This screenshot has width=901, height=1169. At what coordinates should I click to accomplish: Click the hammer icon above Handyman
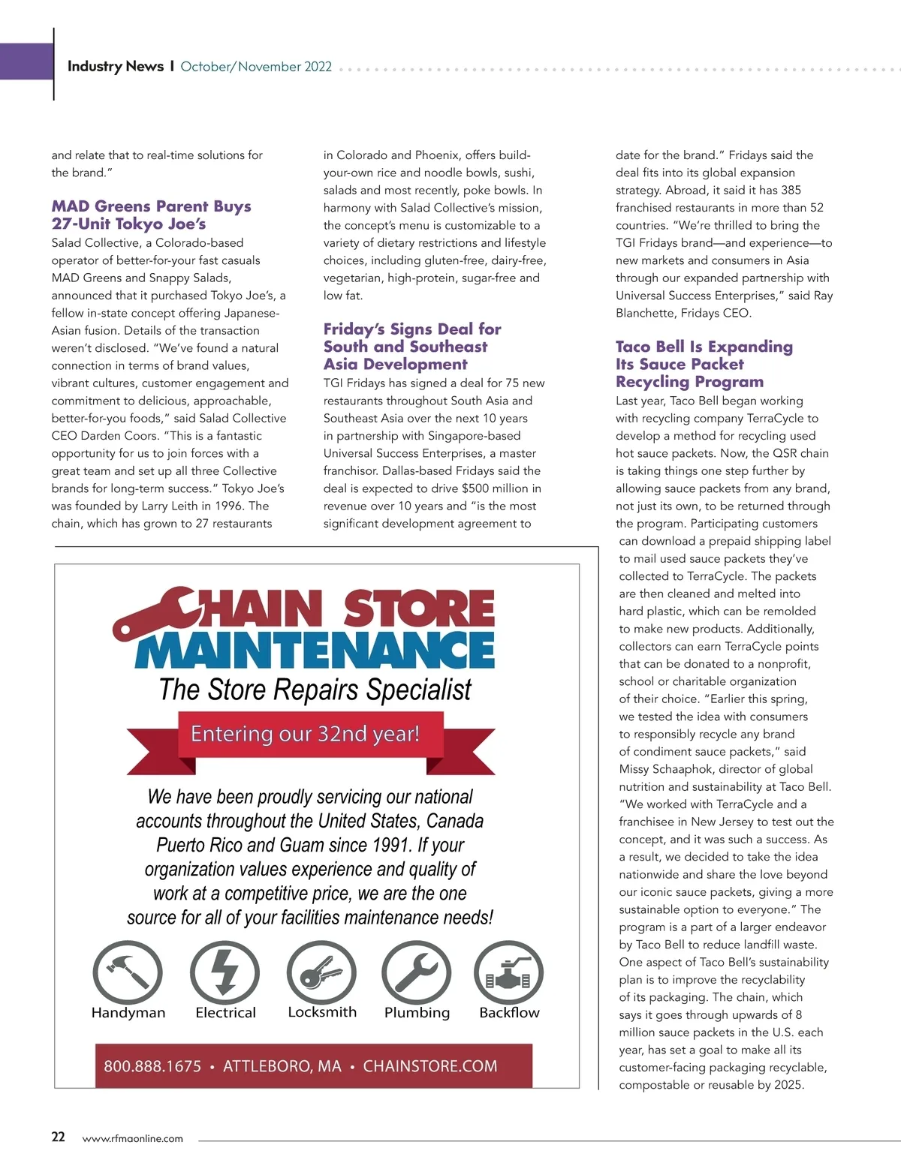tap(128, 973)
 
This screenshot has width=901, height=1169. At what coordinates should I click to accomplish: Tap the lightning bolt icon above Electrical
tap(224, 973)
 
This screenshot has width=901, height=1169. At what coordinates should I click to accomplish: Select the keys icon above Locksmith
tap(321, 973)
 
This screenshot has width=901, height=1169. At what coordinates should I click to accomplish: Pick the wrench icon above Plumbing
tap(417, 973)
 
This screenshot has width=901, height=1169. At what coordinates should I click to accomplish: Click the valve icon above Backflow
tap(509, 973)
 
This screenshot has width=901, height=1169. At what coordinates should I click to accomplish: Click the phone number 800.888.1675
tap(152, 1066)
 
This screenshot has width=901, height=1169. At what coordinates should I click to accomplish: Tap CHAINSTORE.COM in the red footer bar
tap(429, 1066)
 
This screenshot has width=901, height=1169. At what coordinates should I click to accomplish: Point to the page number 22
tap(58, 1137)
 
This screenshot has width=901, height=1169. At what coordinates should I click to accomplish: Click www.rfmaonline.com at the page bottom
tap(132, 1138)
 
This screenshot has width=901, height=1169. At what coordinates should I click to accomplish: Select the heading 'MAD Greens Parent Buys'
tap(151, 206)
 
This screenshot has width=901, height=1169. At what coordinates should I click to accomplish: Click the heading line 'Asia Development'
tap(395, 364)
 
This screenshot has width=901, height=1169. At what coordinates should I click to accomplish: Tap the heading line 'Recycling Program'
tap(689, 381)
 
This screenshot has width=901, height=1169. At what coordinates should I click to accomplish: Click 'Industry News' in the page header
tap(115, 66)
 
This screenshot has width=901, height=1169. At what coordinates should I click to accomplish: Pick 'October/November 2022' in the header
tap(256, 66)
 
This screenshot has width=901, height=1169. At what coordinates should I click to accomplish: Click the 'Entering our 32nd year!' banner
tap(305, 733)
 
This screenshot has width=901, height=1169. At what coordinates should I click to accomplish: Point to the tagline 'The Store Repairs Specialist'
tap(315, 690)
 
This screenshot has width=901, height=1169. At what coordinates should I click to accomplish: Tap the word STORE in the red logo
tap(419, 609)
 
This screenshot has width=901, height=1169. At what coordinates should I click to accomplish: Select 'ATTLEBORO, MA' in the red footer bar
tap(282, 1066)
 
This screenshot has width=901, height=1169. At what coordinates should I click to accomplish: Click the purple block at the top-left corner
tap(26, 61)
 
